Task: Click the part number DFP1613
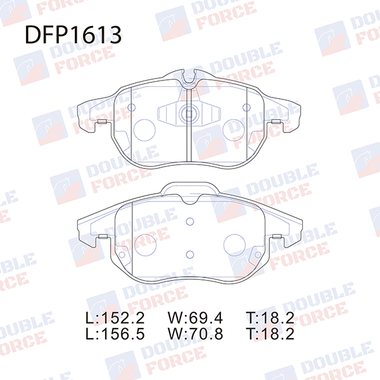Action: (x=73, y=35)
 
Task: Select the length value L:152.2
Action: (x=115, y=318)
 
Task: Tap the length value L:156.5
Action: (x=115, y=334)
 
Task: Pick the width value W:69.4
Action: (x=195, y=318)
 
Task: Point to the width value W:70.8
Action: (x=195, y=334)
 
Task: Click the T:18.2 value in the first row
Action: (x=270, y=318)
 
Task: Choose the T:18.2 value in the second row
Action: (x=270, y=334)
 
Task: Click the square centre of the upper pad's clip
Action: (x=189, y=113)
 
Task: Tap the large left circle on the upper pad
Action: (x=144, y=130)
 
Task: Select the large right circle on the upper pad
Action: (x=234, y=130)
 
